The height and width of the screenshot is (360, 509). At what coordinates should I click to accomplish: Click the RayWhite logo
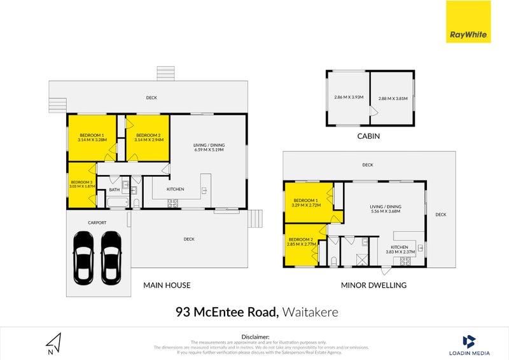coord(468,22)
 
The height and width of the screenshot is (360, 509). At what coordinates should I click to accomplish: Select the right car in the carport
coord(111,257)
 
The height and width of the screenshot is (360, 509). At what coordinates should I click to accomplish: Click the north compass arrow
coord(55,343)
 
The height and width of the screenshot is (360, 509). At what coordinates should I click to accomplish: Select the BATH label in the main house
coord(115,190)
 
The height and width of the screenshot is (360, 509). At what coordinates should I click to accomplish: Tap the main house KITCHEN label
coord(176,190)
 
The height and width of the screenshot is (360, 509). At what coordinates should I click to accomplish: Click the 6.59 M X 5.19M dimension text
coord(209,150)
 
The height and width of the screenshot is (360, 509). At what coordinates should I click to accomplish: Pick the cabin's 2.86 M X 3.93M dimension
coord(348,97)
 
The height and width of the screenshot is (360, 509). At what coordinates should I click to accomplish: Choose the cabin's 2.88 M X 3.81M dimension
coord(393,99)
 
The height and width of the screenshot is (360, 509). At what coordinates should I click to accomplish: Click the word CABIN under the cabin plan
coord(370,136)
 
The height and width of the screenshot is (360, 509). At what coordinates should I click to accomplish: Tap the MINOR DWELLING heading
coord(373,286)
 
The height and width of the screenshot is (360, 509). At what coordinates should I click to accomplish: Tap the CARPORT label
coord(97,223)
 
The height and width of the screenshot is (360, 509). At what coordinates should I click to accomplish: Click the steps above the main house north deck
coord(165,73)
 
